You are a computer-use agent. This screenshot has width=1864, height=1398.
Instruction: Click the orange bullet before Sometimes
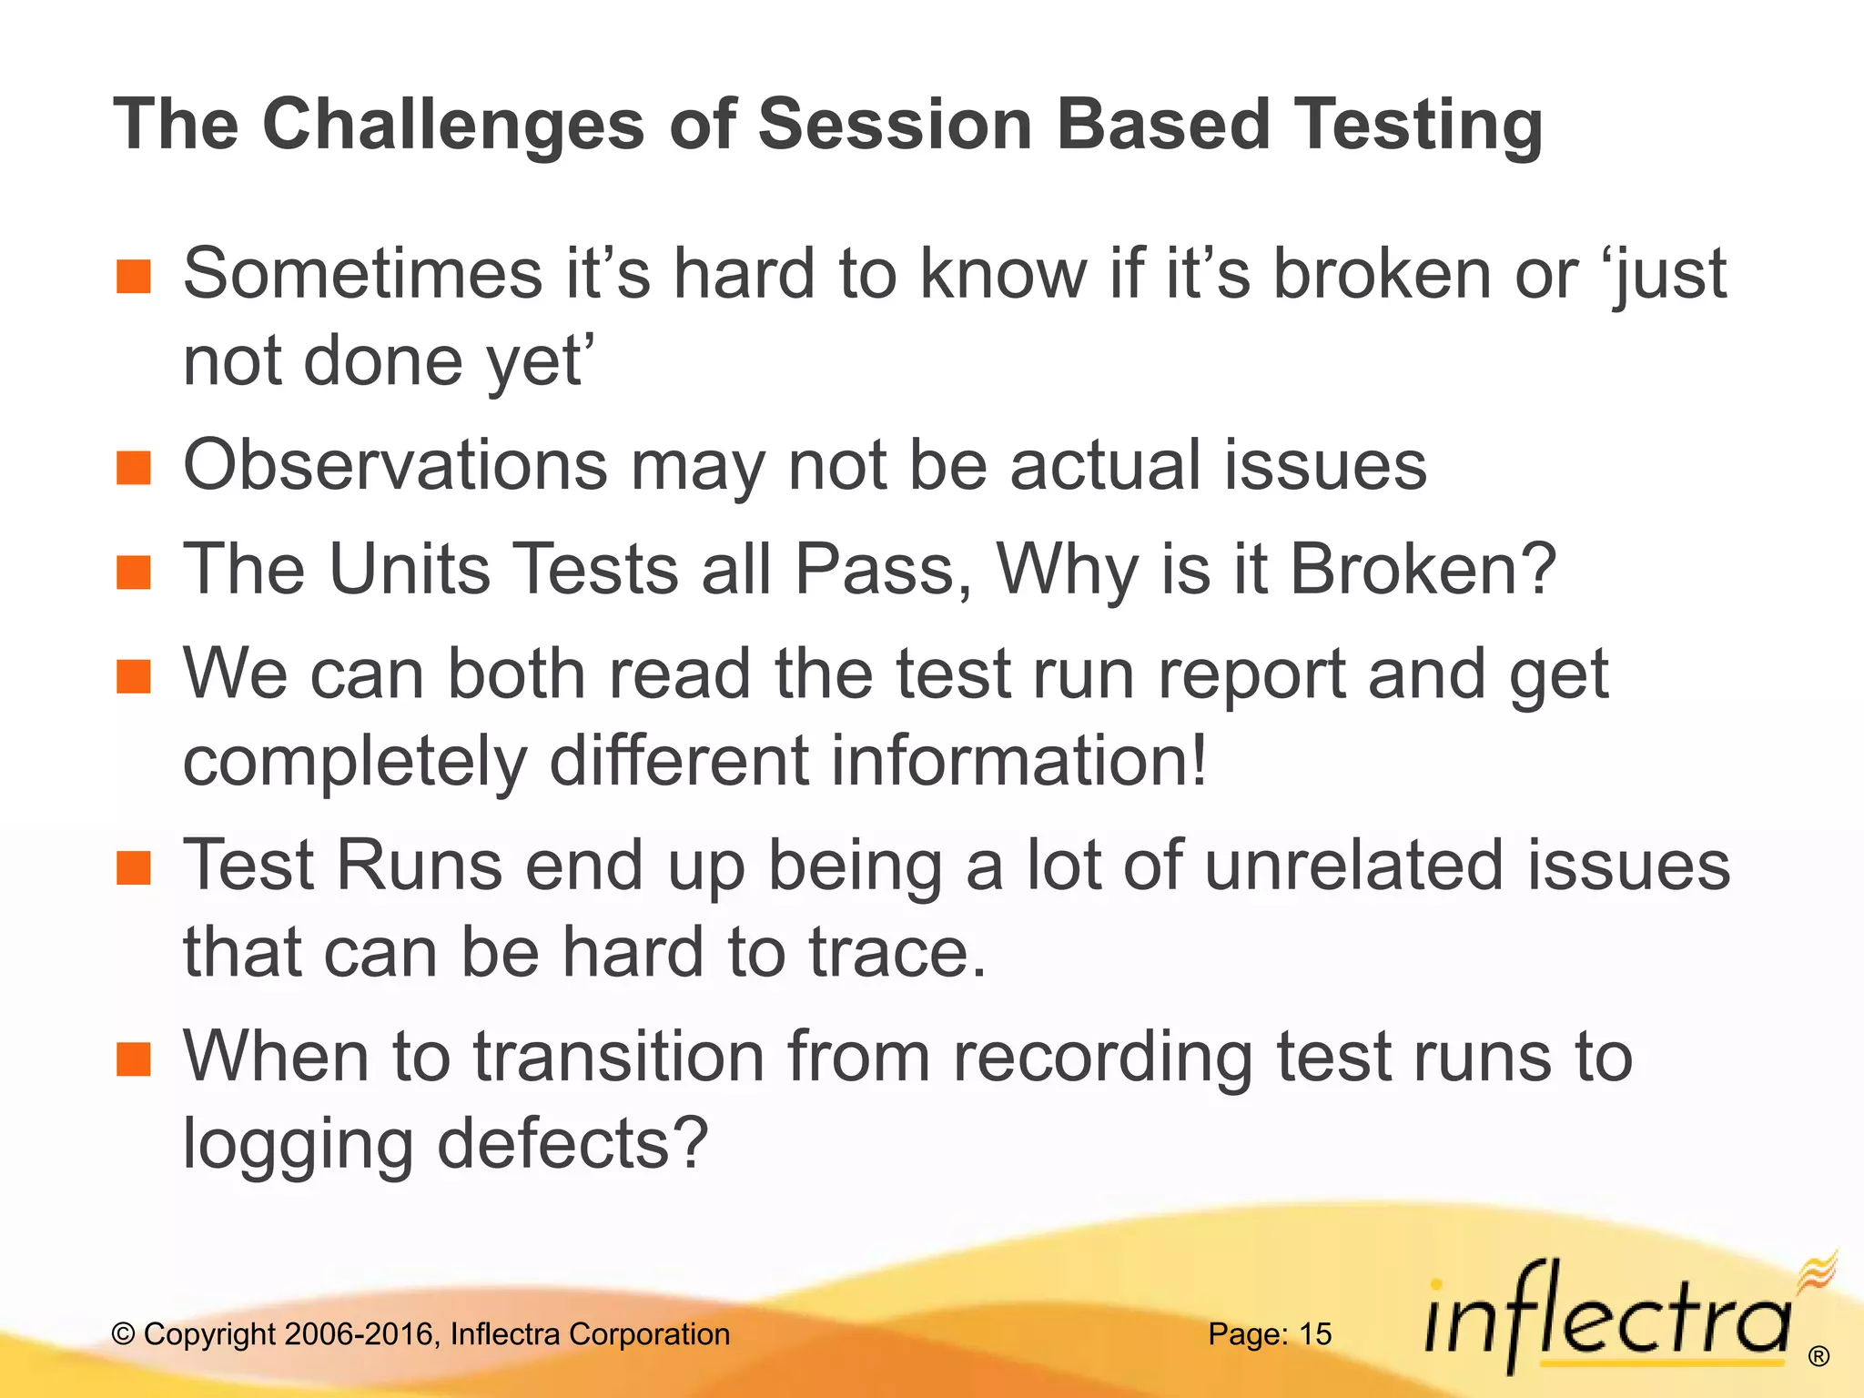[x=134, y=276]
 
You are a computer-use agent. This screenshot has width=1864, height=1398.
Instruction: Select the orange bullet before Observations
[x=134, y=468]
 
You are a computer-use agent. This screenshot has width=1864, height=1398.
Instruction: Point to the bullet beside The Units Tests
[x=134, y=572]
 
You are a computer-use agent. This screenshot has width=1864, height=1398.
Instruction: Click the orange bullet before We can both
[x=134, y=676]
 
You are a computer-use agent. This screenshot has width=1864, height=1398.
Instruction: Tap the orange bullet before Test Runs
[x=134, y=868]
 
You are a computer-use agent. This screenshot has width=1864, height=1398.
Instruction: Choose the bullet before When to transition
[x=134, y=1059]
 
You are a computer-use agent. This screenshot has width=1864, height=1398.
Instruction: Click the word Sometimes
[x=362, y=273]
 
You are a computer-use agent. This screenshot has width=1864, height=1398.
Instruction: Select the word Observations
[x=394, y=465]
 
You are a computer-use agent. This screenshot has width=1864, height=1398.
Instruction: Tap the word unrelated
[x=1353, y=865]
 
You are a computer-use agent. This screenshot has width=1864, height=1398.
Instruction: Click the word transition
[x=618, y=1057]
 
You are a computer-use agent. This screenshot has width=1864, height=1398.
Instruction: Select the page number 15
[x=1314, y=1334]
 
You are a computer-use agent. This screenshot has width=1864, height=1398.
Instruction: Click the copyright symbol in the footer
[x=123, y=1335]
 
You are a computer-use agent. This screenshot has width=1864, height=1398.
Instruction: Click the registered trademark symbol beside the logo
[x=1818, y=1357]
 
